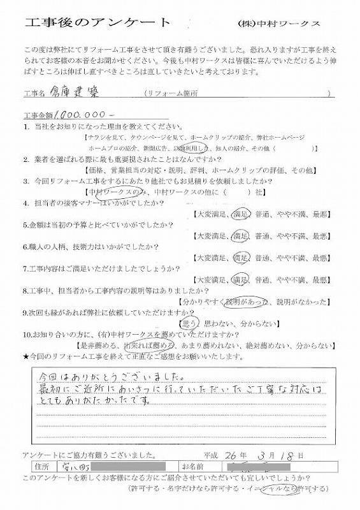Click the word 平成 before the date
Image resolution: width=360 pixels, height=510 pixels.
(211, 455)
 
